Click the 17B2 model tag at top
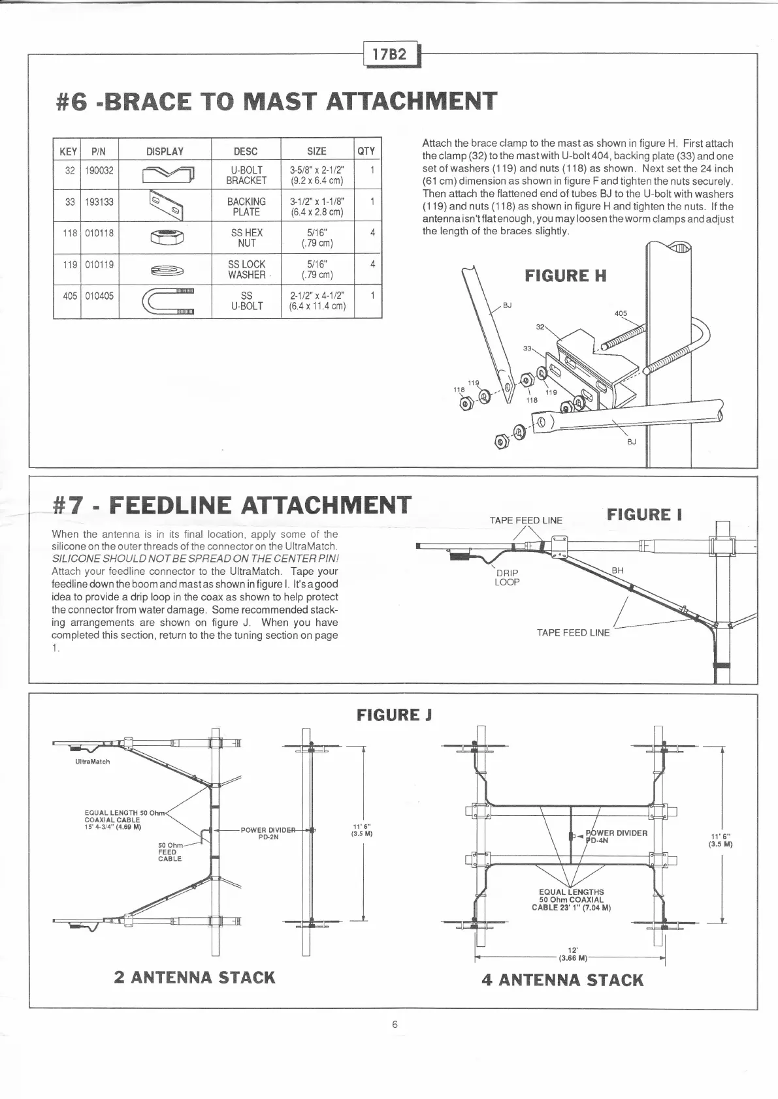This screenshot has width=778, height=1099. point(389,54)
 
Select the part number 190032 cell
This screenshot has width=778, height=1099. point(99,171)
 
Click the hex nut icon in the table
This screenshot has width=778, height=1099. point(165,238)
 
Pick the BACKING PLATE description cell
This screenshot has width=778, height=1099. point(246,206)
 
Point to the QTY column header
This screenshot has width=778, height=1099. point(366,151)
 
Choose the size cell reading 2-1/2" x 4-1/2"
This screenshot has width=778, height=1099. point(317,301)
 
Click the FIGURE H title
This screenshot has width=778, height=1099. point(566,275)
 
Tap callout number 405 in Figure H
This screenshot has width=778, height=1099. point(621,313)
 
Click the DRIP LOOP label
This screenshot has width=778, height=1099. point(507,578)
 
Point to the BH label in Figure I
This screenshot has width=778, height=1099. point(617,570)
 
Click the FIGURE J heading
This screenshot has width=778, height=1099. point(395,715)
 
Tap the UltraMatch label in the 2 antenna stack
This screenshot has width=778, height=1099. point(93,762)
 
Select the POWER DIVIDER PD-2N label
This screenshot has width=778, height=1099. point(268,833)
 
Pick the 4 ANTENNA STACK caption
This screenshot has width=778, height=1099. point(562,980)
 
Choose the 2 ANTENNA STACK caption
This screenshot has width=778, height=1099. point(194,977)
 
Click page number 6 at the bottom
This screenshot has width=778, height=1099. point(395,1024)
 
